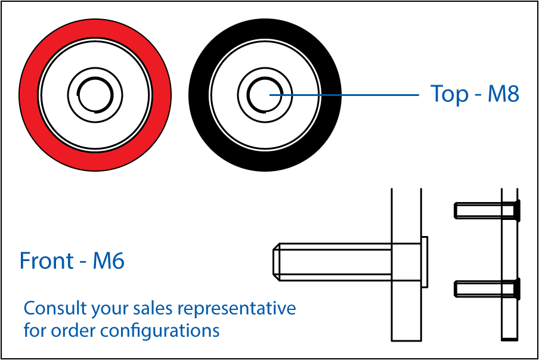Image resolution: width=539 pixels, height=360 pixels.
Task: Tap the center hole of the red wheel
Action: (x=95, y=95)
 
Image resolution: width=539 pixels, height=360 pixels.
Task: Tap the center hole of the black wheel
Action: (x=264, y=95)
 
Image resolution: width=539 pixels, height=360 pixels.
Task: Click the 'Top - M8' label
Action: (x=475, y=94)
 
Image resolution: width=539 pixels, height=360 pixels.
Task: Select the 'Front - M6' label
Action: (x=72, y=261)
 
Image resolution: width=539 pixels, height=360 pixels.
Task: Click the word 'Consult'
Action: (x=48, y=309)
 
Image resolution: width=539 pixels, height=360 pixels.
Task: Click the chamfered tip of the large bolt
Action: (x=277, y=262)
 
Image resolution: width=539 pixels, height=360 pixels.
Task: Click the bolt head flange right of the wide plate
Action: (x=425, y=262)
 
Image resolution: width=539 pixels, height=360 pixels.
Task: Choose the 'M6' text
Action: (x=109, y=261)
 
